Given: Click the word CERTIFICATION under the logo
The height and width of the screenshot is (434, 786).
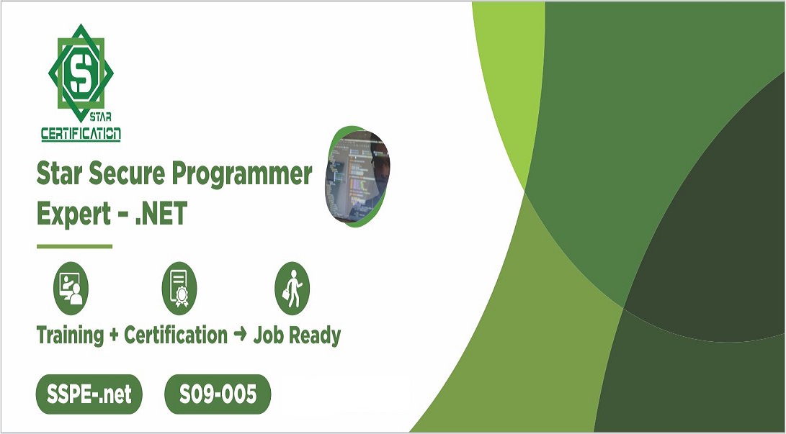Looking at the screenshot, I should click(81, 133).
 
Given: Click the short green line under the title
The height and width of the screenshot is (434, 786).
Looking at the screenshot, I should click(74, 246).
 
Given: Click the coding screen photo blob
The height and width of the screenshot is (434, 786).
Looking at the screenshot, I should click(357, 176).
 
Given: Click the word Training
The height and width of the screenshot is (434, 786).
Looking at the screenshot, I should click(71, 335).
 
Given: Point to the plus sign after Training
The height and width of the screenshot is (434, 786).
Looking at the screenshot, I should click(114, 335).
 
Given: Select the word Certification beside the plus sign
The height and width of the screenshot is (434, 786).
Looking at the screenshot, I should click(176, 335).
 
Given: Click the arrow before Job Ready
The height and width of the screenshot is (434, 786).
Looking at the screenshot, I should click(240, 335).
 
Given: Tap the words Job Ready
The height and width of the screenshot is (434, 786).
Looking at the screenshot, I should click(297, 335).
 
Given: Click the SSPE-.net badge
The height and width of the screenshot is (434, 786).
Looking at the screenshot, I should click(89, 394).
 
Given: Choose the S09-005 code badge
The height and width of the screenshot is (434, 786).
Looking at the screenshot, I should click(218, 394).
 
